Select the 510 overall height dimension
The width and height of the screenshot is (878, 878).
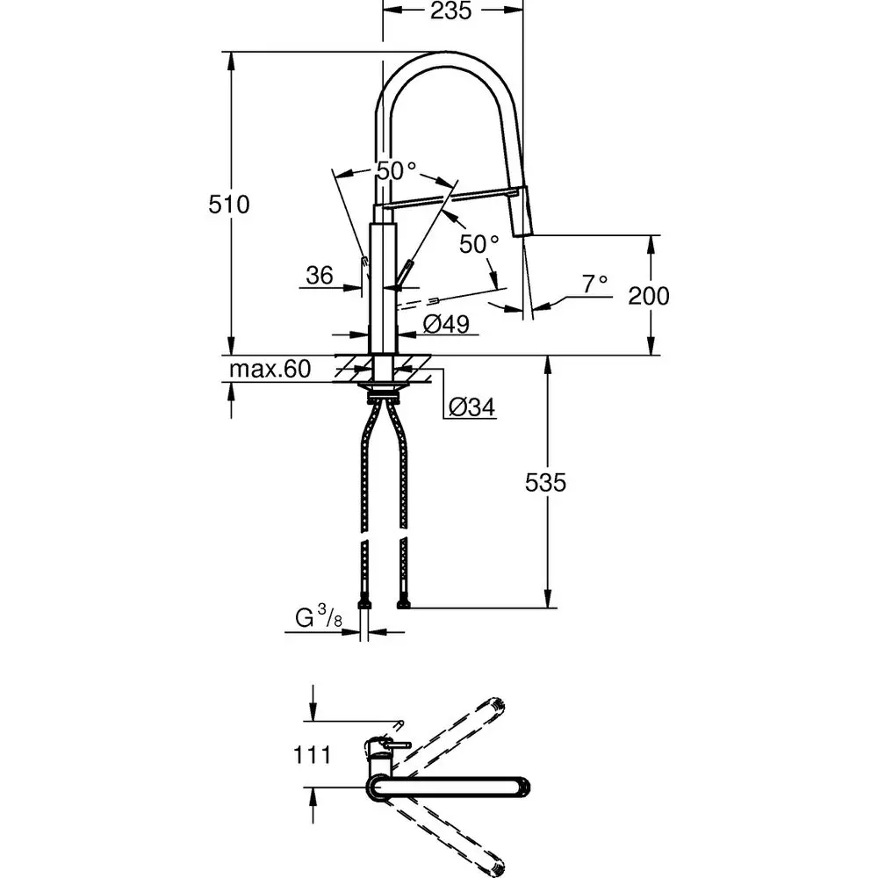click(229, 205)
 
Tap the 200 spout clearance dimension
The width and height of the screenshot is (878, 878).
click(648, 296)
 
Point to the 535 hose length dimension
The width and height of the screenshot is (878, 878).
click(546, 482)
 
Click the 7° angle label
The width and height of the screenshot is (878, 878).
click(594, 284)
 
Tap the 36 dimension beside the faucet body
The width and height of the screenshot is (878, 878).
click(320, 276)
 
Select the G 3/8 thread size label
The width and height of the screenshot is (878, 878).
click(317, 621)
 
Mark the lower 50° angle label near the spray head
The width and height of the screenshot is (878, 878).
click(479, 244)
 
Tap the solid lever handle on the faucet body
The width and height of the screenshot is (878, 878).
click(404, 274)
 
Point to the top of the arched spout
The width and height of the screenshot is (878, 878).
click(450, 58)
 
